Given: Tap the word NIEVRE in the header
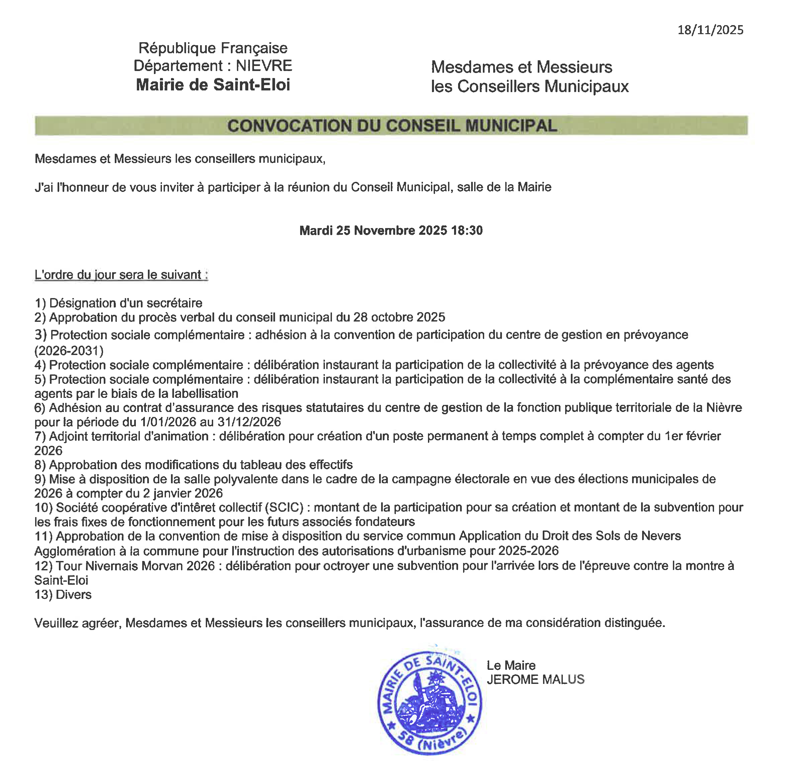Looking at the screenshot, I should coord(264,66).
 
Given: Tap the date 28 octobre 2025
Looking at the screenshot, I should coord(399,317).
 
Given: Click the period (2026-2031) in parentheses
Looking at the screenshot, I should coord(69,351).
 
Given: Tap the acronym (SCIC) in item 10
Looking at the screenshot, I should coord(284,508).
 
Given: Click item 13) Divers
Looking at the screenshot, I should coord(63,594).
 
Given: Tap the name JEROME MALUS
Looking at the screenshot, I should coord(535,679).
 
